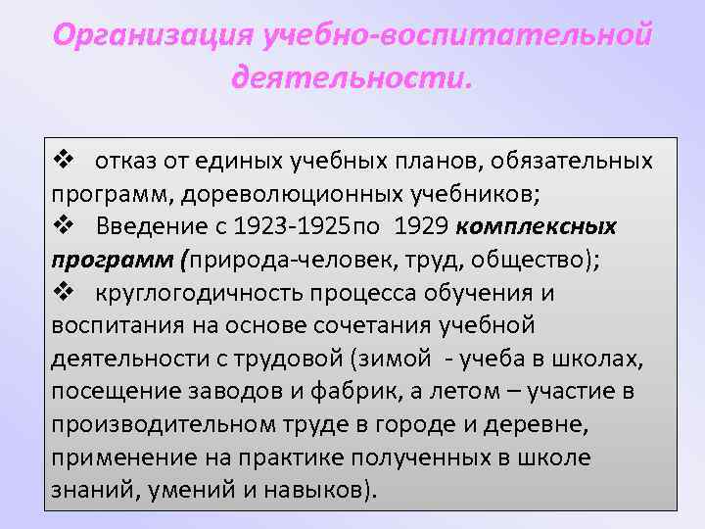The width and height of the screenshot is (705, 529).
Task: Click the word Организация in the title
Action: [x=153, y=35]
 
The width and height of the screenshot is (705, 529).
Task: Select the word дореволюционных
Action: [x=255, y=193]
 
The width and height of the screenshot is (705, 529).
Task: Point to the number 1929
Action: [x=421, y=226]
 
